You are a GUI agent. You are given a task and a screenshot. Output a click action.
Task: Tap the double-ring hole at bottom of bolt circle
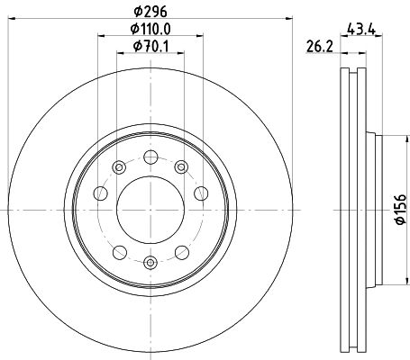150,263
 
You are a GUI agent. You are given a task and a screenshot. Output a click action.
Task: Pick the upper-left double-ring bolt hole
119,166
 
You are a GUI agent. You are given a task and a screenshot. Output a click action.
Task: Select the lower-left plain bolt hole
119,251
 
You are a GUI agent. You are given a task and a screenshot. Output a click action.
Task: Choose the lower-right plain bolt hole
182,251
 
